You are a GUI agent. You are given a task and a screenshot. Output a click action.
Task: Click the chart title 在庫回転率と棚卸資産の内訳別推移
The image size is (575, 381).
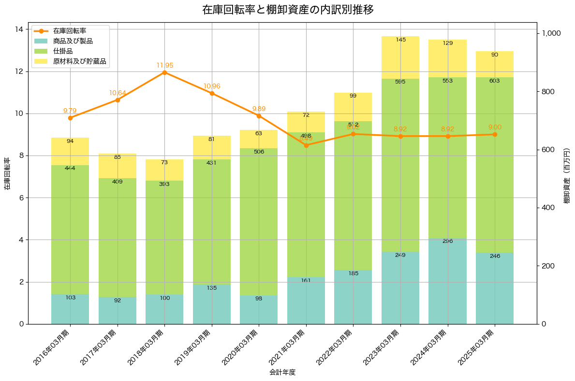[287, 10]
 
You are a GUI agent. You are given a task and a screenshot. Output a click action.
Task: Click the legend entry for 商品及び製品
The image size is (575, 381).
[73, 41]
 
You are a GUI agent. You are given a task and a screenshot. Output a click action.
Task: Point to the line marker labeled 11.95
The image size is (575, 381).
[164, 72]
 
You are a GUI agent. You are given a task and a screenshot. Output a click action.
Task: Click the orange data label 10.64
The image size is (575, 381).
[117, 93]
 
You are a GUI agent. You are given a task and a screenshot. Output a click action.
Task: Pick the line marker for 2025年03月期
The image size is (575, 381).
[495, 134]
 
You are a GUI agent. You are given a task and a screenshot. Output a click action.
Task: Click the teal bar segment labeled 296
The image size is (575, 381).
[448, 280]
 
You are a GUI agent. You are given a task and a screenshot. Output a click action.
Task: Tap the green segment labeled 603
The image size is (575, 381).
[495, 164]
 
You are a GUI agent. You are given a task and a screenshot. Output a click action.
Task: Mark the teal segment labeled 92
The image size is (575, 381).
[117, 310]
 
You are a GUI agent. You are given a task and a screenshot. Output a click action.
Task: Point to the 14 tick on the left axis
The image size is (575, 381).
[19, 29]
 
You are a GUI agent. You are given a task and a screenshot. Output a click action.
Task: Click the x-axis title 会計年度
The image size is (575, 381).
[282, 373]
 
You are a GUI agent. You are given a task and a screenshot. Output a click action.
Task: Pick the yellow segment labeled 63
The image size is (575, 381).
[259, 139]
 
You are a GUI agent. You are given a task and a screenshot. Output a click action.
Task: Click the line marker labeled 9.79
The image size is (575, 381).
[70, 118]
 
